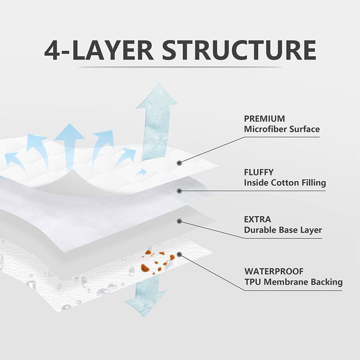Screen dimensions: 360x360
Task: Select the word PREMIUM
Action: pyautogui.click(x=264, y=119)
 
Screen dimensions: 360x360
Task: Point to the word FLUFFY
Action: pyautogui.click(x=259, y=172)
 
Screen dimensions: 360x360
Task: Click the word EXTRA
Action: pyautogui.click(x=257, y=220)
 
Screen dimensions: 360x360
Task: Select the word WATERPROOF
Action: pyautogui.click(x=274, y=271)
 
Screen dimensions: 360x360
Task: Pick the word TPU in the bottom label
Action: pyautogui.click(x=252, y=282)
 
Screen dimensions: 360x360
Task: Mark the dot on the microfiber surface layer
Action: pyautogui.click(x=179, y=162)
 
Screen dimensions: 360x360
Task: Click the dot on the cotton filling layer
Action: pyautogui.click(x=179, y=191)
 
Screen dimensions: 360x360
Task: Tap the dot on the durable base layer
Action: pyautogui.click(x=179, y=221)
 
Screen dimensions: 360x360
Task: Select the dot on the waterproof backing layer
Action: pyautogui.click(x=179, y=255)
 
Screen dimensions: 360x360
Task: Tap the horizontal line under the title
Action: pyautogui.click(x=180, y=67)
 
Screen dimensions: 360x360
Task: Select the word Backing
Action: pyautogui.click(x=327, y=282)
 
